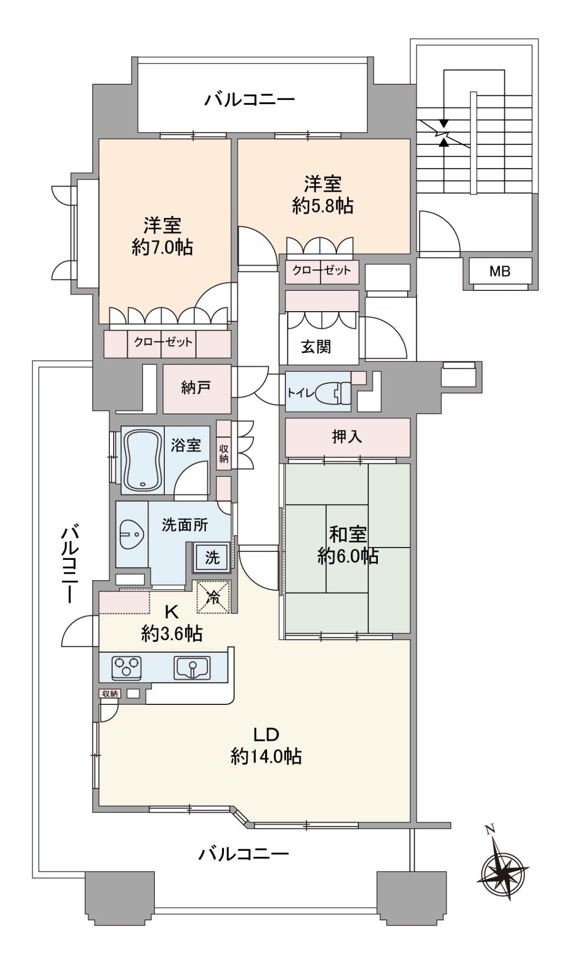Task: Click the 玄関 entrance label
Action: pyautogui.click(x=316, y=346)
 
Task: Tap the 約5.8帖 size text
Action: pyautogui.click(x=323, y=205)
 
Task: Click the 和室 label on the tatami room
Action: pyautogui.click(x=348, y=534)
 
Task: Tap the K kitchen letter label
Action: pyautogui.click(x=171, y=612)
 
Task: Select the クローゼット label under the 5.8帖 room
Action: pyautogui.click(x=321, y=271)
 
